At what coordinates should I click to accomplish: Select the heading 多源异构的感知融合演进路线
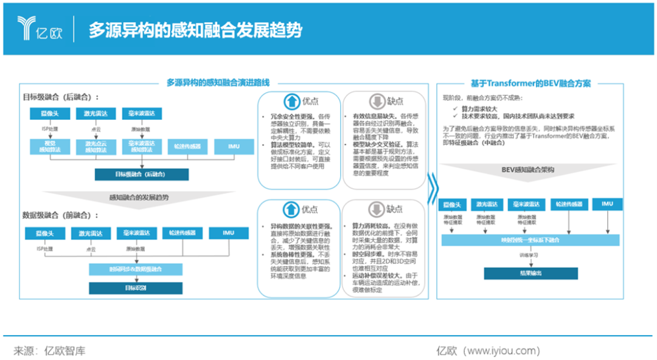coord(218,83)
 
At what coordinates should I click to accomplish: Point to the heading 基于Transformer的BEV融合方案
coord(530,83)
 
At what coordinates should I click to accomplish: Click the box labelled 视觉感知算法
coord(47,147)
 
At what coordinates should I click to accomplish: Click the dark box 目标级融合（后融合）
coord(142,175)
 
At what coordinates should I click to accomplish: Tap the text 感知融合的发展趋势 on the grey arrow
coord(139,197)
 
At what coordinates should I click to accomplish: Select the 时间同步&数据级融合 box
coord(135,269)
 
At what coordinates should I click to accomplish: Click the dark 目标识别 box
coord(135,287)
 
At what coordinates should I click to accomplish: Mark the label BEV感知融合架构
coord(527,170)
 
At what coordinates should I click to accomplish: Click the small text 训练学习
coord(527,256)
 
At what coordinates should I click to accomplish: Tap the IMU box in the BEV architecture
coord(607,204)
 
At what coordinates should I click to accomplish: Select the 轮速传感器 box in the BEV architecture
coord(568,204)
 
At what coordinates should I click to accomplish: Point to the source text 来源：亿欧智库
coord(50,350)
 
